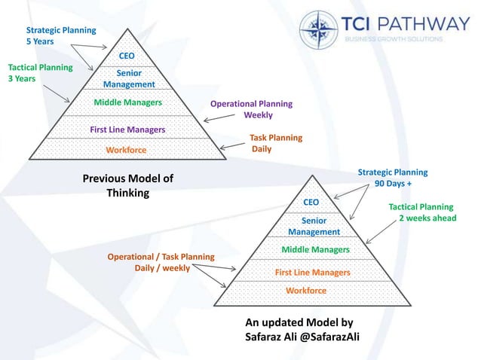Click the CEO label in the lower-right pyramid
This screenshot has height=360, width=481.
pos(311,203)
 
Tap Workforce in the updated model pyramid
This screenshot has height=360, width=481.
pos(306,290)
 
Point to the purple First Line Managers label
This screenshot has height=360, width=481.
pos(127,130)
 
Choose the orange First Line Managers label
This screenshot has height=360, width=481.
pos(312,272)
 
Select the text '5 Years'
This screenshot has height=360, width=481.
pos(40,42)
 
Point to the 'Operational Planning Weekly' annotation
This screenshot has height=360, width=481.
pos(251,109)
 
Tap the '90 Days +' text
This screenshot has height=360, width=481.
pos(398,183)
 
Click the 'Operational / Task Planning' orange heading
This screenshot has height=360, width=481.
pos(161,257)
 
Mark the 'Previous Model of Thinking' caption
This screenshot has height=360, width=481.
pos(127,186)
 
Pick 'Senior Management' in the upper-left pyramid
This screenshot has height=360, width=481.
pos(129,78)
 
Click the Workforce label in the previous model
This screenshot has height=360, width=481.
pos(126,150)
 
